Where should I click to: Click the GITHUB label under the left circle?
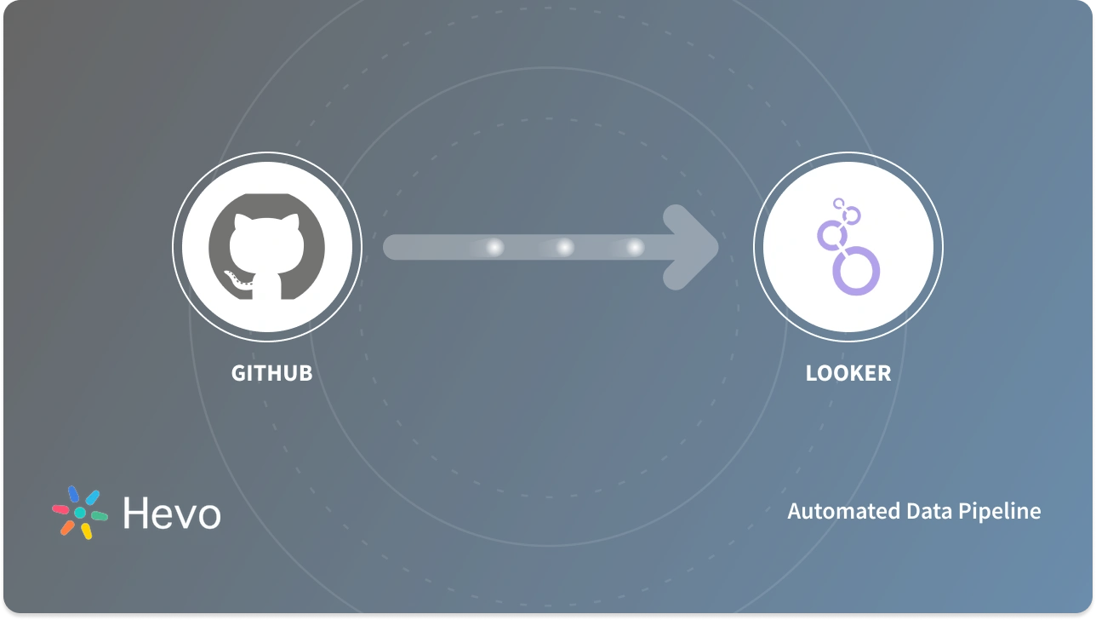271,373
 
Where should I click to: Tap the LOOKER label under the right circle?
848,373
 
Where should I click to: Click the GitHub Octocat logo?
266,248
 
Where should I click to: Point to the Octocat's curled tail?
236,278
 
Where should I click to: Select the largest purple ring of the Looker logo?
855,270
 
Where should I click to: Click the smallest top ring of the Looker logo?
839,204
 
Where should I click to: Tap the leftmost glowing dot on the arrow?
494,248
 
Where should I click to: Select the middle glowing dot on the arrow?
564,248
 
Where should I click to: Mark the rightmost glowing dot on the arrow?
635,248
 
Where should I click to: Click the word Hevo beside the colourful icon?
171,513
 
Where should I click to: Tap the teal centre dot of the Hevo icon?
80,513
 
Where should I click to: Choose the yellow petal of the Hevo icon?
86,531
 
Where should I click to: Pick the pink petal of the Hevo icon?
61,508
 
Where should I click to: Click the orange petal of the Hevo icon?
67,527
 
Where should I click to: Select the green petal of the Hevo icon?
99,516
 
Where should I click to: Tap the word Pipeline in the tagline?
1002,511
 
